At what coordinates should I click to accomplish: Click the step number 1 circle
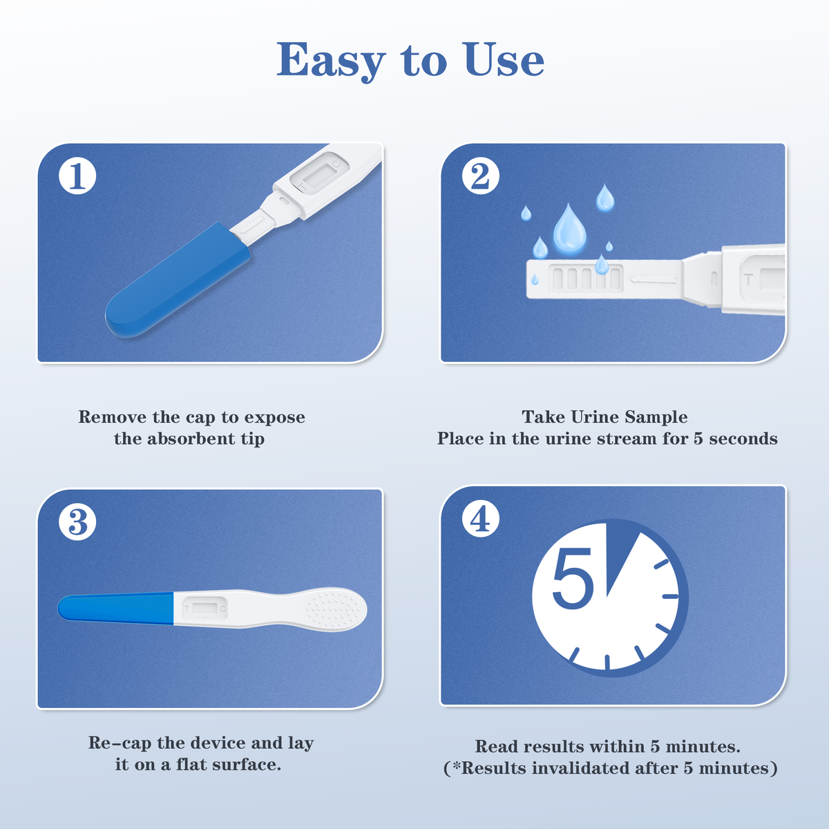click(77, 176)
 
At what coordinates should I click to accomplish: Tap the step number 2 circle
click(481, 176)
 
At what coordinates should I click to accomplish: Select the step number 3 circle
click(77, 522)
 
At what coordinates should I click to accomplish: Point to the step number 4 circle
click(481, 519)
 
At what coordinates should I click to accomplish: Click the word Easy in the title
click(330, 61)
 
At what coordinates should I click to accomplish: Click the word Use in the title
click(504, 60)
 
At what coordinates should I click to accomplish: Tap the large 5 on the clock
click(573, 579)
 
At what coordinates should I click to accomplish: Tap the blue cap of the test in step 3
click(116, 609)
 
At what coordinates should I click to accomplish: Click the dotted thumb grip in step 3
click(334, 609)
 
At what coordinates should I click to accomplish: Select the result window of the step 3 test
click(204, 609)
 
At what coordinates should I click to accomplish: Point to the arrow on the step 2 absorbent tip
click(653, 280)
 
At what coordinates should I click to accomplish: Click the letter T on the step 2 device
click(749, 280)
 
